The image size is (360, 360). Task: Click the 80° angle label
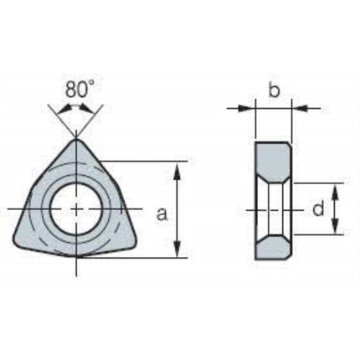80,90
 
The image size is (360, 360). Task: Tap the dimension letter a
162,214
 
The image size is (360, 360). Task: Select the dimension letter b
274,89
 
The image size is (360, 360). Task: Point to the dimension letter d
318,208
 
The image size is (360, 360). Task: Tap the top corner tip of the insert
76,139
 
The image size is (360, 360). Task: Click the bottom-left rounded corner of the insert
18,242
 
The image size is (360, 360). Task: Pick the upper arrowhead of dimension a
177,170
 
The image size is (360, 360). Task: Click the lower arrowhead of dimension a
177,249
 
